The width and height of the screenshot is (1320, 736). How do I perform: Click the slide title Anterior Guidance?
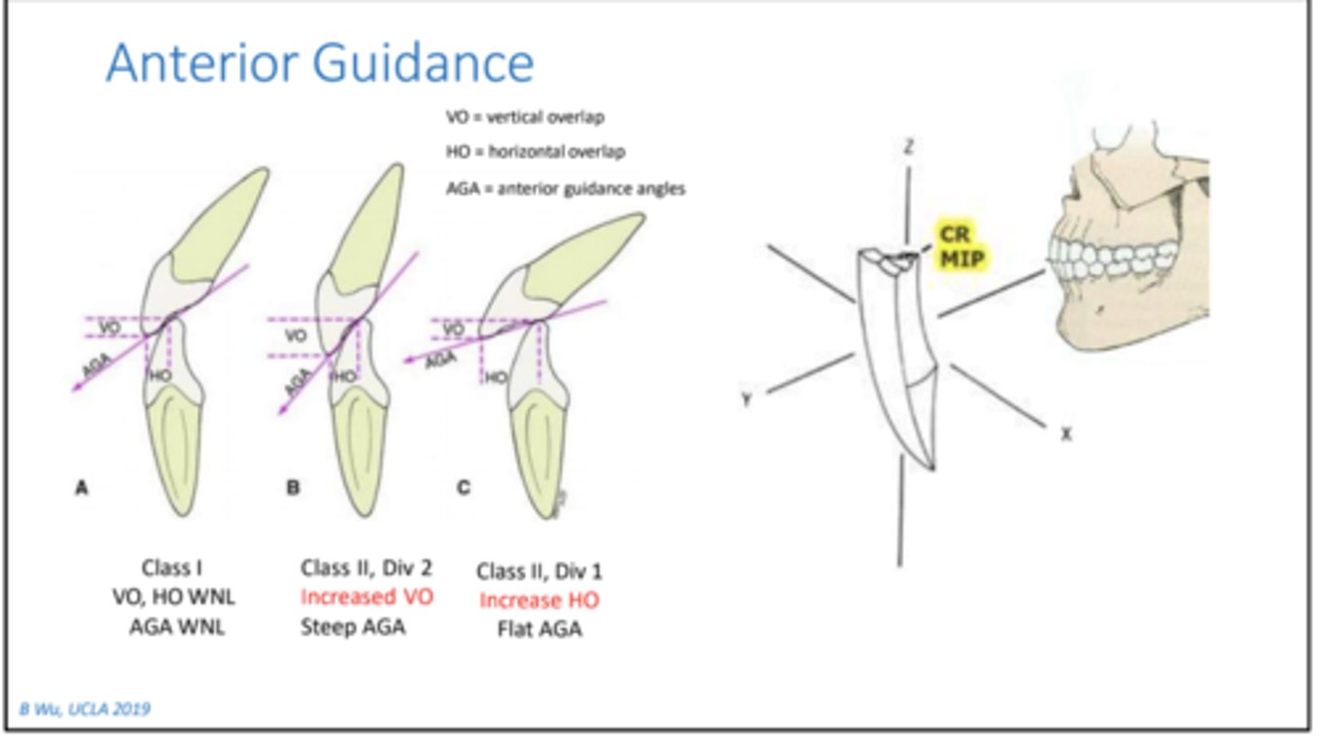[x=319, y=62]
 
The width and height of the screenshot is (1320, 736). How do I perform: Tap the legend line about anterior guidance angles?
[x=565, y=189]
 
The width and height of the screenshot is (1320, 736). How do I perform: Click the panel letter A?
[x=82, y=489]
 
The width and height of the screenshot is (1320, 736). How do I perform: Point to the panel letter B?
[x=293, y=489]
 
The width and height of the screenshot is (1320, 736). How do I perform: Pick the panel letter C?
[x=463, y=488]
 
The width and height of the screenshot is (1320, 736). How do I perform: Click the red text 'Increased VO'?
[x=367, y=598]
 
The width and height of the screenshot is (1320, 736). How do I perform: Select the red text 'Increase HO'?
[x=539, y=600]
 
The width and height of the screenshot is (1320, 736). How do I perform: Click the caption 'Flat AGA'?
[x=540, y=630]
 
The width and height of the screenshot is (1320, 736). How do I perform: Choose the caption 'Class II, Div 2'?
[x=366, y=567]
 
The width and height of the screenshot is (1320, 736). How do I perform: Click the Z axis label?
[x=907, y=148]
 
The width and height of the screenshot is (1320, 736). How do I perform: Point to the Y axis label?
[x=747, y=400]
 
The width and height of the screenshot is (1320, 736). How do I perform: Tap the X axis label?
[x=1065, y=434]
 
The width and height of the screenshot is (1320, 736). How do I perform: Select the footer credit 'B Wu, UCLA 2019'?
[x=85, y=709]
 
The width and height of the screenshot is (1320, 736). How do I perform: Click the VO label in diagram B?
[x=295, y=336]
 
